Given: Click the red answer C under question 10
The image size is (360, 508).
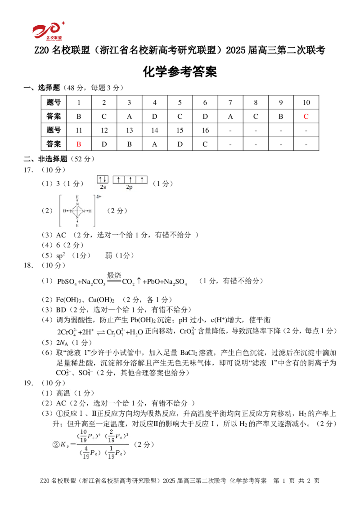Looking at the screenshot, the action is click(306, 116).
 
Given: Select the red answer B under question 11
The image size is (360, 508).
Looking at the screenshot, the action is click(78, 144).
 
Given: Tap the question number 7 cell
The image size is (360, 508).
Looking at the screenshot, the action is click(230, 102).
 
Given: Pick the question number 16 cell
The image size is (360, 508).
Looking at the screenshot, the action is click(205, 130).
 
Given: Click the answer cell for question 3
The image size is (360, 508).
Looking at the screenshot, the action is click(130, 116).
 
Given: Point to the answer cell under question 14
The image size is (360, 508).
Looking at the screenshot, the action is click(155, 144).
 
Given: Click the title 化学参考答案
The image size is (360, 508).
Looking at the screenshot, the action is click(180, 71).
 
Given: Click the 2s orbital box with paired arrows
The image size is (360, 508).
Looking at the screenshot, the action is click(103, 179).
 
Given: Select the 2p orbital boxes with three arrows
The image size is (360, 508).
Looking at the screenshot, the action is click(130, 179).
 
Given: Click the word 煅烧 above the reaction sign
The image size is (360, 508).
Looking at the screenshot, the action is click(114, 275).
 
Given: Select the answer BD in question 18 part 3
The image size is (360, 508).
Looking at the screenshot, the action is click(61, 310).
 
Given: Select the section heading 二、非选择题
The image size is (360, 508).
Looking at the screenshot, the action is click(45, 159).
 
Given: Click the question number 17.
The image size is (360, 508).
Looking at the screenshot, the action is click(28, 170).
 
